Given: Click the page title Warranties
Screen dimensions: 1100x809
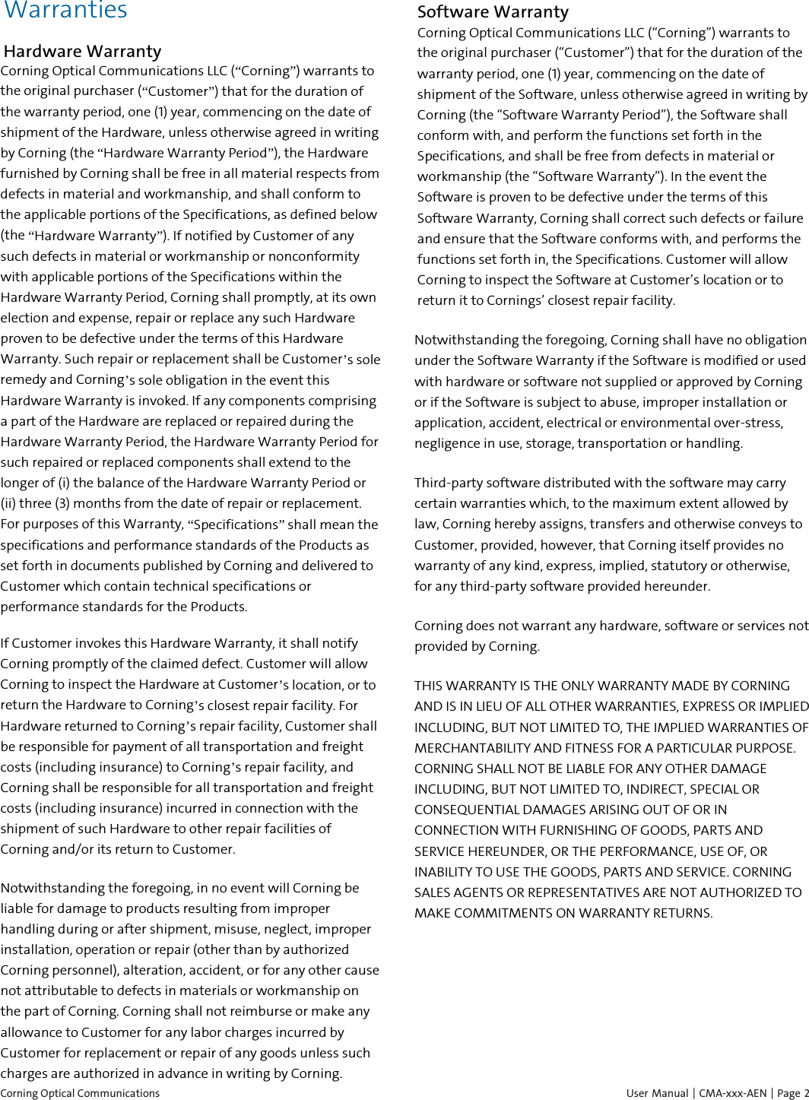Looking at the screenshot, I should point(66,11).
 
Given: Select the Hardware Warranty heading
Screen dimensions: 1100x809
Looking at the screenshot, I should point(82,52).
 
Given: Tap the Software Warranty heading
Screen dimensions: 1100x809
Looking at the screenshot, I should point(493,12).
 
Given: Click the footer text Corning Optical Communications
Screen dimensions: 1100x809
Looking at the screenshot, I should point(80,1093).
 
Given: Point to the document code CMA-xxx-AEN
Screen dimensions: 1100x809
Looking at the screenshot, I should point(733,1093).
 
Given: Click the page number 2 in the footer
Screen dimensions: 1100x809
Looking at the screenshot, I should point(806,1093).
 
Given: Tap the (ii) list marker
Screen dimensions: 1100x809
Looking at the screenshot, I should point(9,503).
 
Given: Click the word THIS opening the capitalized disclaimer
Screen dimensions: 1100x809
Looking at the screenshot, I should point(428,686).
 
